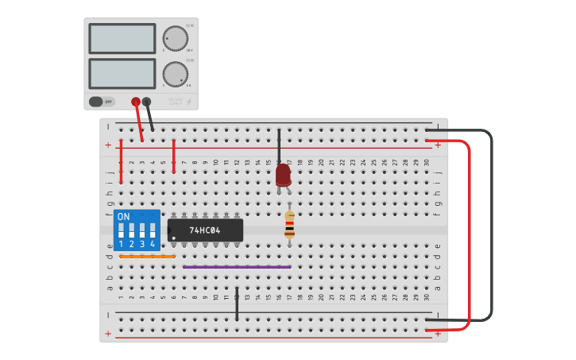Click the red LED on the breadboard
coord(283,174)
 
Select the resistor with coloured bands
coord(289,225)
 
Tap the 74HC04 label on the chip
coord(205,230)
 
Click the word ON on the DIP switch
coord(123,217)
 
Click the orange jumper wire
coord(147,257)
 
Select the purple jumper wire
coord(236,267)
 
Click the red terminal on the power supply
coord(136,102)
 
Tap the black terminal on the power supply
coord(146,102)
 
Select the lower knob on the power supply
coord(176,74)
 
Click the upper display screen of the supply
coord(122,38)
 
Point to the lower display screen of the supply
coord(122,74)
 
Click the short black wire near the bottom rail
coord(237,305)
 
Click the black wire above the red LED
coord(279,147)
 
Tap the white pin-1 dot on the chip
coord(174,238)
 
